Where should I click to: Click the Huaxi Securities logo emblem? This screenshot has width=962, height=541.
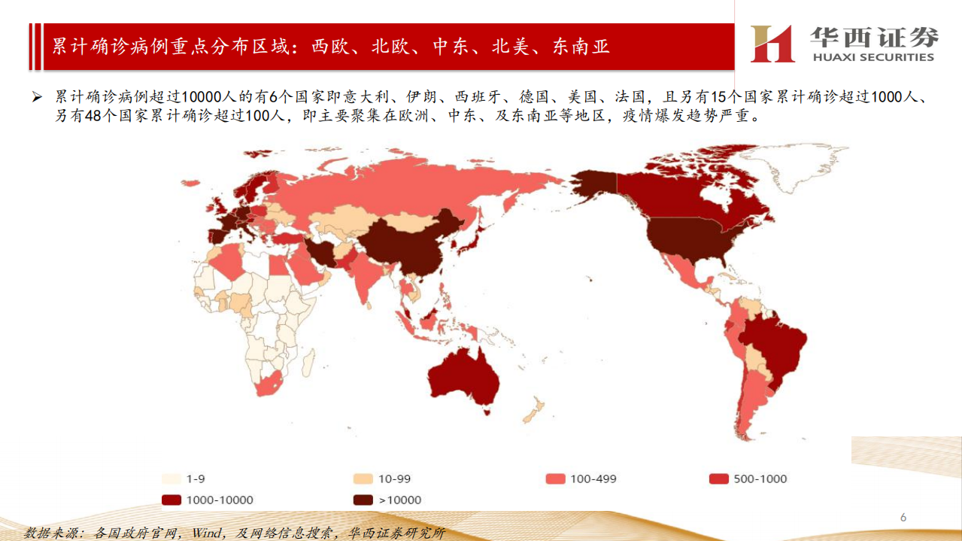[x=772, y=44]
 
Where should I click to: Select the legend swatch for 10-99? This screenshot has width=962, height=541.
[x=364, y=479]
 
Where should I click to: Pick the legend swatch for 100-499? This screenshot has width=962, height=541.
[x=556, y=479]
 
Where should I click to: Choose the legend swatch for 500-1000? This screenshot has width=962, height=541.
[x=720, y=479]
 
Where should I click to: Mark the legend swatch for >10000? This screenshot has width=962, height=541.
[x=364, y=500]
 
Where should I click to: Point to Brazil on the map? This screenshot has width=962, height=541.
[x=775, y=350]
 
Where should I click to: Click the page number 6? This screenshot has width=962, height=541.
[x=903, y=518]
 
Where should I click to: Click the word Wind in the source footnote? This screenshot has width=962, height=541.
[x=205, y=533]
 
